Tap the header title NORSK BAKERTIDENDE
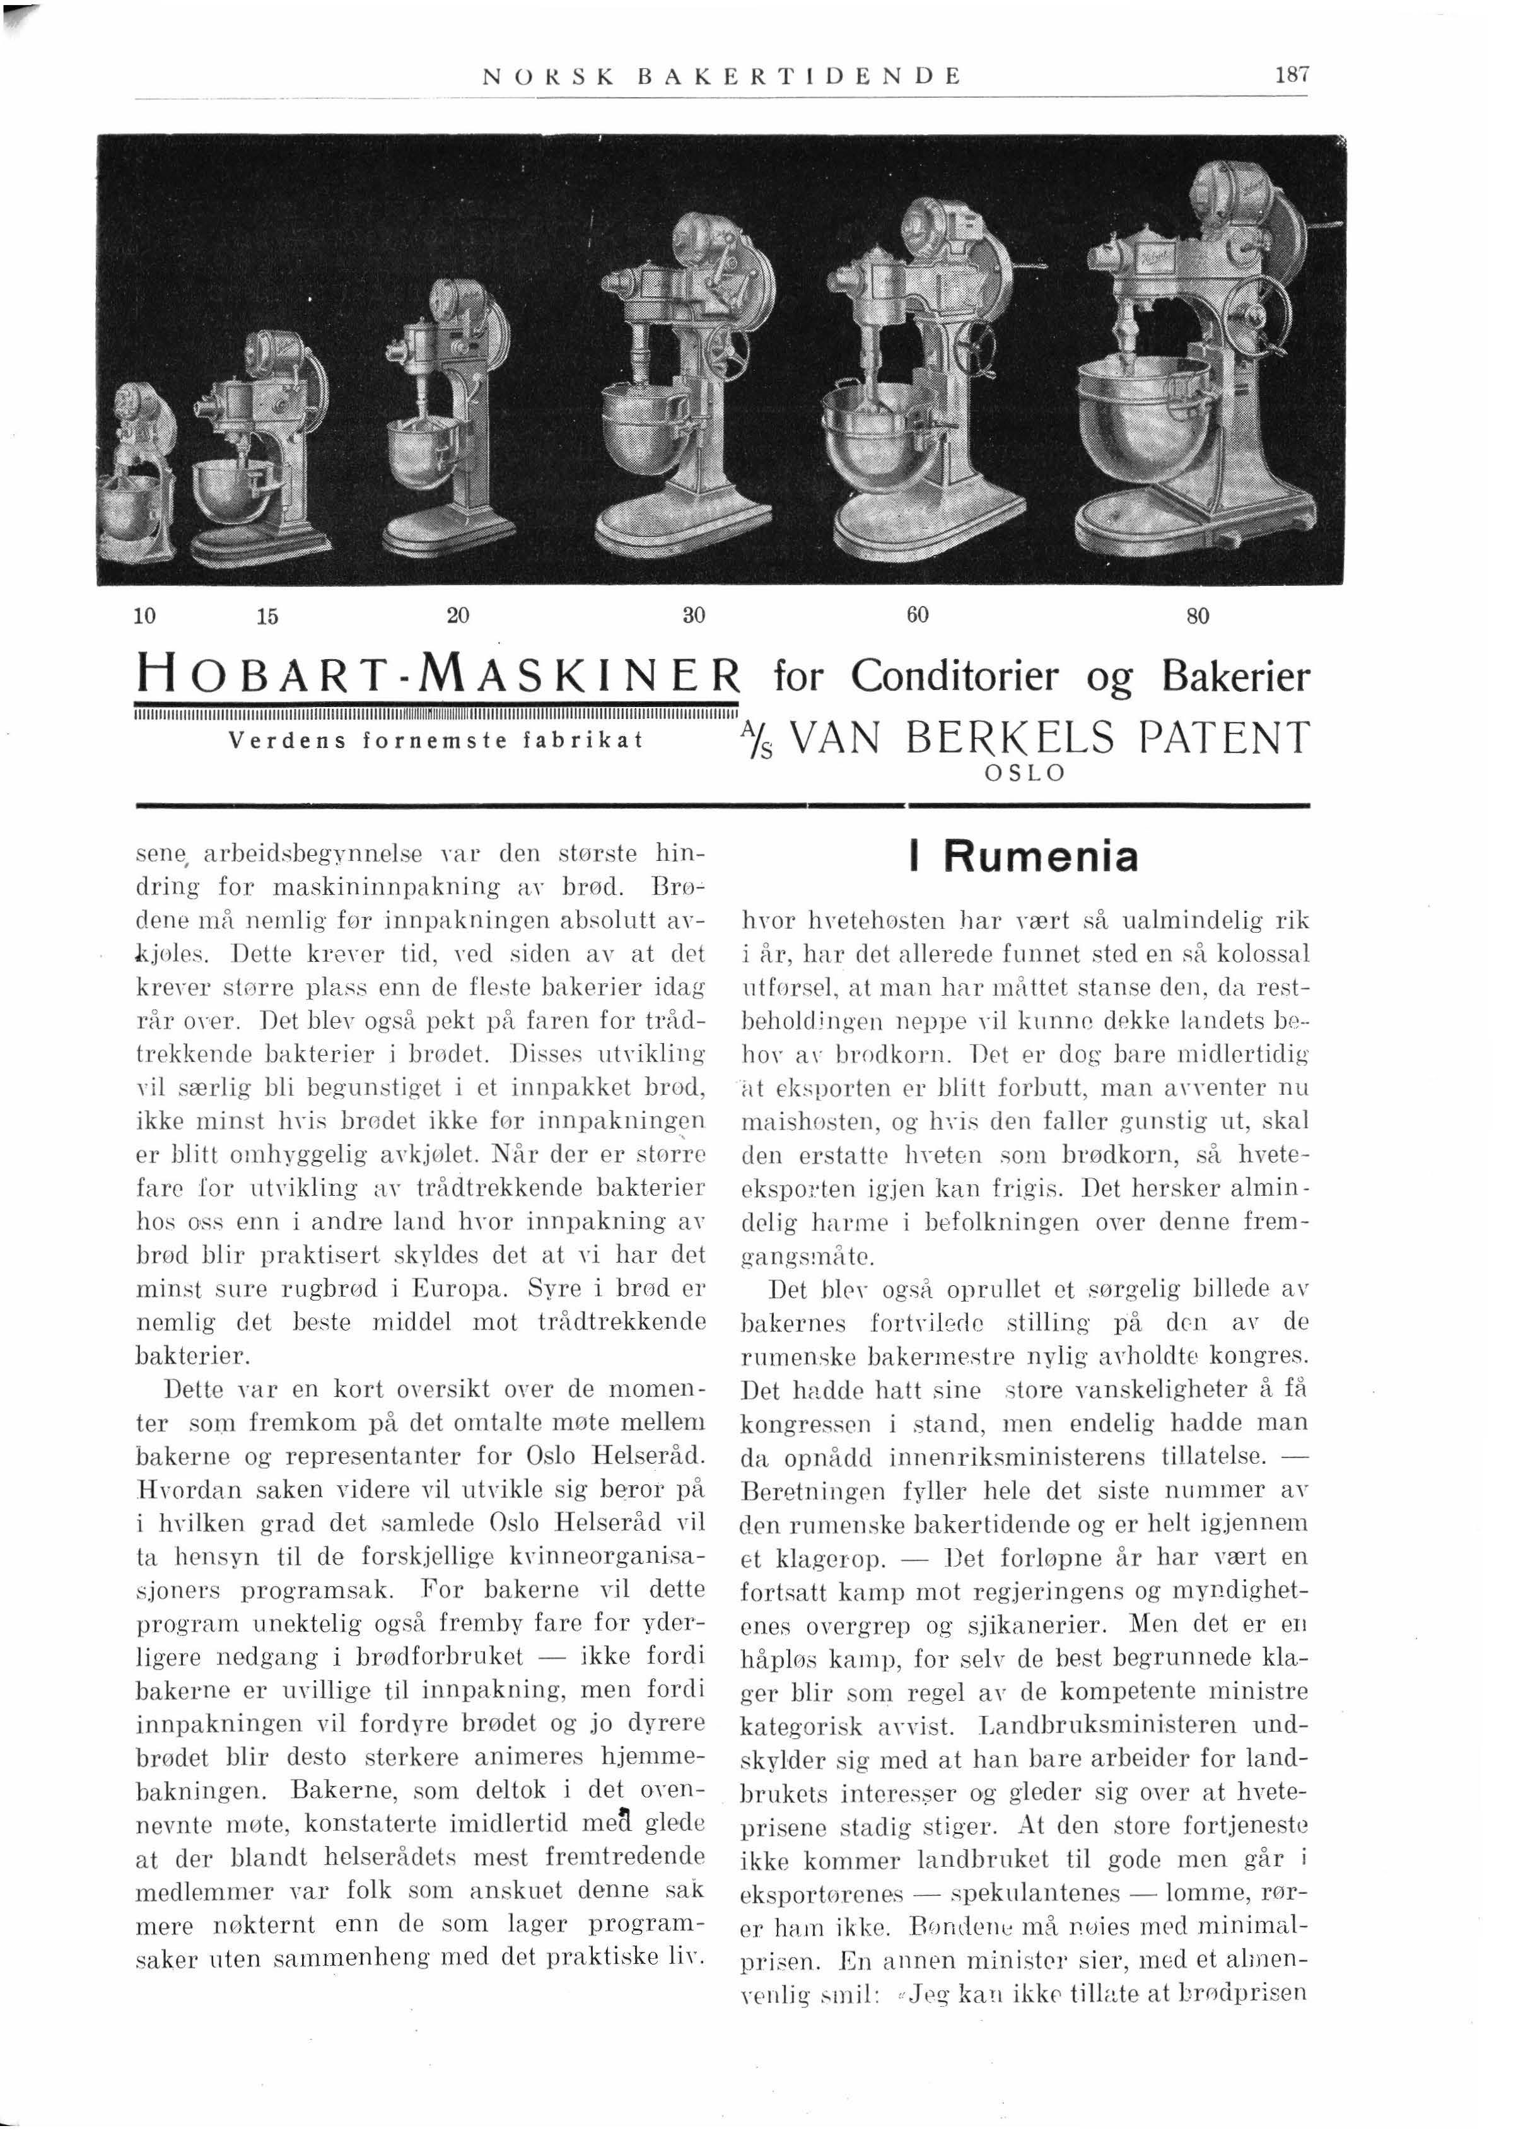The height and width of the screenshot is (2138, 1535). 721,76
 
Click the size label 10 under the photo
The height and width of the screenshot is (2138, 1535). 144,616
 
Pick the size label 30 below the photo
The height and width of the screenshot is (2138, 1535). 694,616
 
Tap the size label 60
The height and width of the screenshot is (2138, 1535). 918,616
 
